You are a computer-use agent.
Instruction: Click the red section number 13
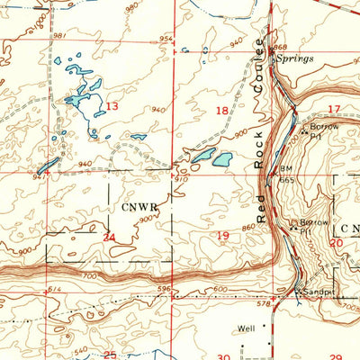(112, 106)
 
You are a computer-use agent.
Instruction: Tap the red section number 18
(223, 110)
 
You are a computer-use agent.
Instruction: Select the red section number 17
(334, 109)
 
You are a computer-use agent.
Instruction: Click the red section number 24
(110, 238)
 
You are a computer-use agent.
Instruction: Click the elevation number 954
(166, 39)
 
